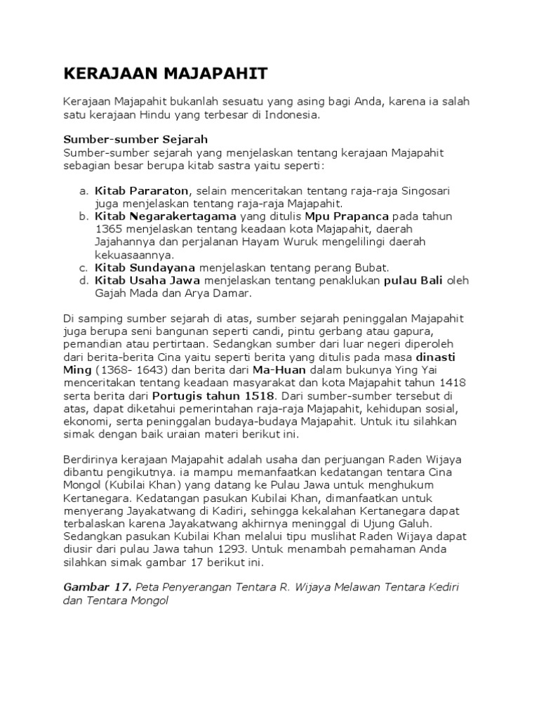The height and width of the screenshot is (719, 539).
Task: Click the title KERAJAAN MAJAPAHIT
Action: [x=156, y=74]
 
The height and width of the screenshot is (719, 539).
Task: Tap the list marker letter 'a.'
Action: [x=83, y=190]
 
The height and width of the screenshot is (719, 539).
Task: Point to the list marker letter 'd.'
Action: [x=83, y=280]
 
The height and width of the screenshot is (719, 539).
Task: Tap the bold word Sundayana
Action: [x=164, y=268]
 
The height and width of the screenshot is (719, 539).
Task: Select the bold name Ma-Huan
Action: [x=280, y=369]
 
